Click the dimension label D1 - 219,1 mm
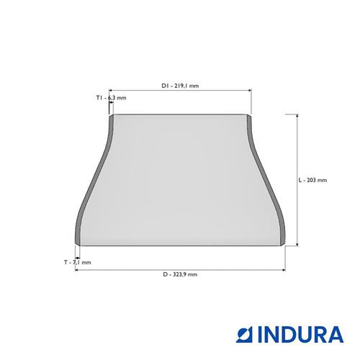coord(180,86)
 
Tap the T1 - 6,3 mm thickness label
coord(111,98)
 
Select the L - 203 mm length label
coord(312,180)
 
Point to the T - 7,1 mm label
coord(78,262)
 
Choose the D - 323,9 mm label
coord(180,274)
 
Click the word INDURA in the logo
coord(300,334)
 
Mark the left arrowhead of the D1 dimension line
coord(111,90)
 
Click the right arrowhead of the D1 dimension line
coord(250,90)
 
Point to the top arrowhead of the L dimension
coord(297,116)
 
